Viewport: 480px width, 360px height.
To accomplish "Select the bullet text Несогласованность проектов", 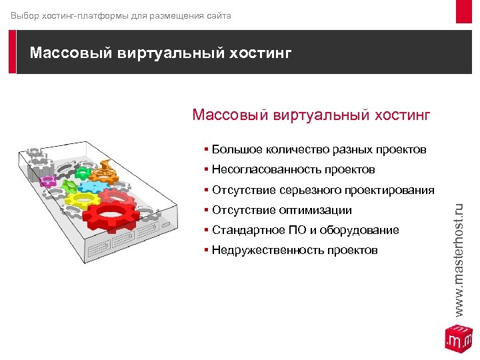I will tap(293, 169).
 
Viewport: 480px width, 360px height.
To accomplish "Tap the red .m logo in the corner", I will tap(458, 338).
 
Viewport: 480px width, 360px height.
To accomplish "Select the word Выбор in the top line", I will tap(24, 15).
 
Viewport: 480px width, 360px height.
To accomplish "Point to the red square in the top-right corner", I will tap(464, 11).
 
